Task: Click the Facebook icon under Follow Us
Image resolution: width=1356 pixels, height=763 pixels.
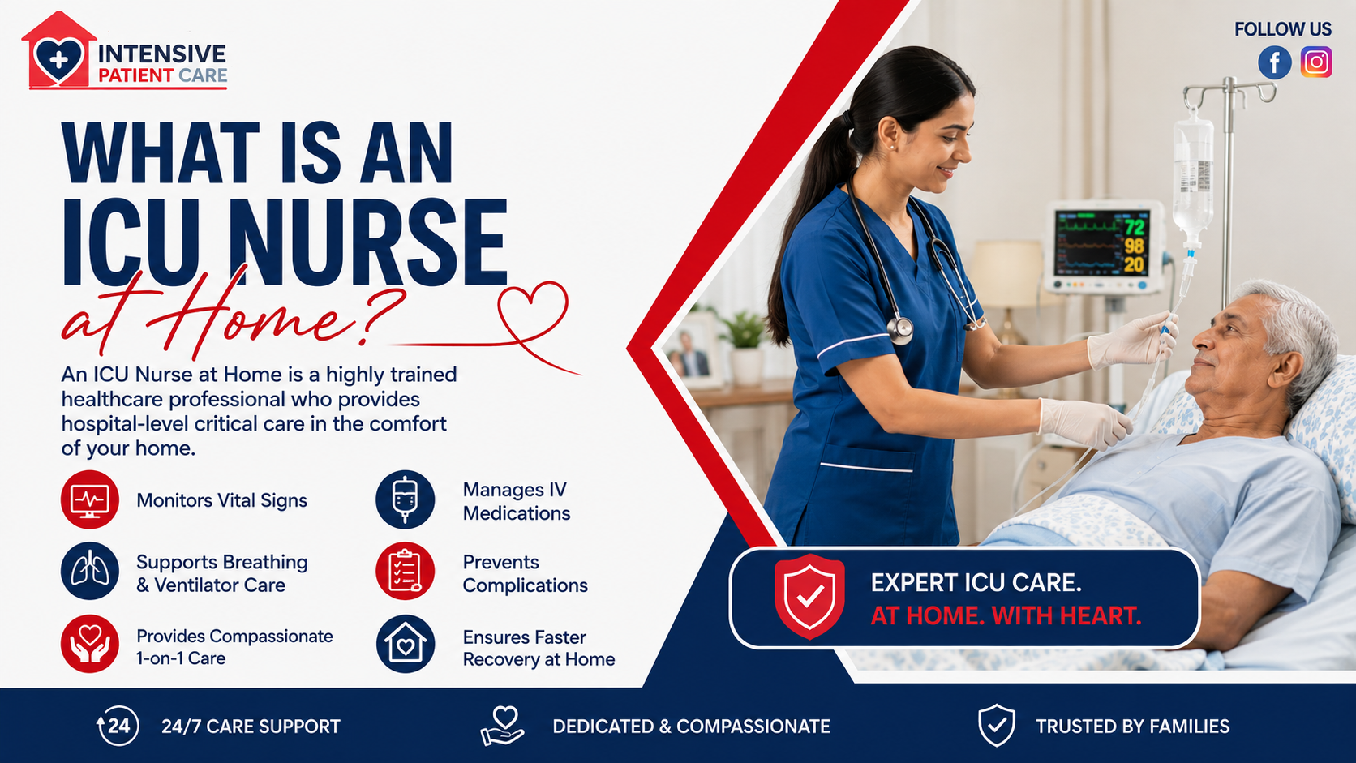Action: click(1274, 62)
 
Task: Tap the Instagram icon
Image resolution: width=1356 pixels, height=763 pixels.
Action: click(1316, 62)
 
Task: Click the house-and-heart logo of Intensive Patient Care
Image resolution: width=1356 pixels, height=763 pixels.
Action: click(58, 51)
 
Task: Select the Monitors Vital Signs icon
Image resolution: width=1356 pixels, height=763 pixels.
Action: click(89, 499)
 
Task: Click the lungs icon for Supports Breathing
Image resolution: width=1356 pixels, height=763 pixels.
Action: click(89, 571)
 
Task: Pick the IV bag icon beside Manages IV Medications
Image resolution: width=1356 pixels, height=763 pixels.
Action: click(405, 499)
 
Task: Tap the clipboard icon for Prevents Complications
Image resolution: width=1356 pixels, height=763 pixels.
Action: click(405, 571)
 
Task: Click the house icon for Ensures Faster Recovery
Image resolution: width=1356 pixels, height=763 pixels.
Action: click(405, 645)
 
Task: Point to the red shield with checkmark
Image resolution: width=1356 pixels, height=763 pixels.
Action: click(809, 596)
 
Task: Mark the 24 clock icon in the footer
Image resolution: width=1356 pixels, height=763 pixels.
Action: click(118, 726)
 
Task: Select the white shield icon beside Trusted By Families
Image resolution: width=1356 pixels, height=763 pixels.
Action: click(997, 725)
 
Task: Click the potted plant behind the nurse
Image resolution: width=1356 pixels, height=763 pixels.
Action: click(745, 347)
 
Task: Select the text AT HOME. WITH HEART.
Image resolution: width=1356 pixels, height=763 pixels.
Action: click(1006, 616)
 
